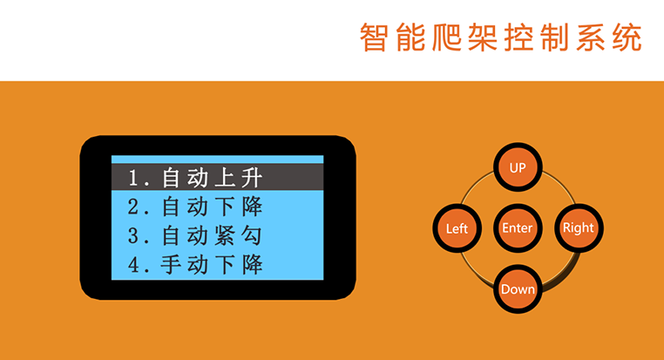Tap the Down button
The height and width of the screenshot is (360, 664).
click(x=518, y=289)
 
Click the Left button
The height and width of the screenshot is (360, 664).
click(x=457, y=228)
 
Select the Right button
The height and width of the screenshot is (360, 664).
click(x=579, y=228)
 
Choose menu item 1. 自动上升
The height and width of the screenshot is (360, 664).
click(x=195, y=178)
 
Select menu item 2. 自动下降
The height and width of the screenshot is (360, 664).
click(x=195, y=207)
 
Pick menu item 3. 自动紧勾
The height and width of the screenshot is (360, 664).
click(x=195, y=235)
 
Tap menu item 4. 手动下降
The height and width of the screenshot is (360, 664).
click(x=195, y=265)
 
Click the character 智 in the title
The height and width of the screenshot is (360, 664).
click(x=373, y=37)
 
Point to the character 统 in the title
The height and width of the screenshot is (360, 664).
click(x=627, y=37)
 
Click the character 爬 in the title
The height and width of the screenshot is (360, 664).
click(x=446, y=37)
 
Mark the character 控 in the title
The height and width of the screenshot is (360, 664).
click(x=518, y=37)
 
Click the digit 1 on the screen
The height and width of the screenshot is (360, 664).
click(x=133, y=178)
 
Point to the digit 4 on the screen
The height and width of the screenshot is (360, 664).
click(x=134, y=265)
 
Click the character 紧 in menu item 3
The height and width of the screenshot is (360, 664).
click(x=225, y=235)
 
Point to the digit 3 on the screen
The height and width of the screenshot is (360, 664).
click(x=133, y=236)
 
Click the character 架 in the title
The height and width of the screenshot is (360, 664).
click(x=483, y=37)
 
